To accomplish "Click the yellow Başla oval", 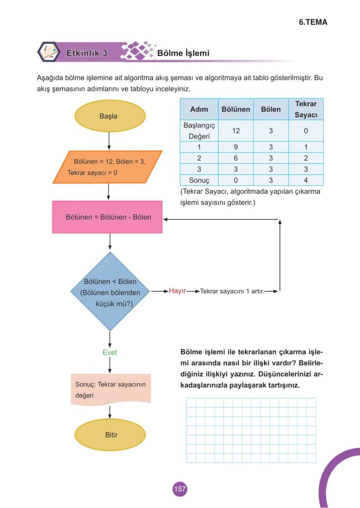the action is (110, 116).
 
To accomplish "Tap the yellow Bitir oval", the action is (110, 435).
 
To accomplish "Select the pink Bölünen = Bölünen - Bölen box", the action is (108, 217).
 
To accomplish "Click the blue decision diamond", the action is (110, 291).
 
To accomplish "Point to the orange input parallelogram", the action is (108, 167).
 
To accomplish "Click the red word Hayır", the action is (177, 291).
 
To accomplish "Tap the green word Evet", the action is (110, 353).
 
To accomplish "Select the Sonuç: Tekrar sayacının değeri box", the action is (111, 390).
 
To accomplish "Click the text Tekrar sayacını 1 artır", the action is (232, 291).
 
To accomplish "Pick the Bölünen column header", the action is (236, 109).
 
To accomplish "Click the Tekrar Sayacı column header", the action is (306, 109).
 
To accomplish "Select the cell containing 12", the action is (236, 131).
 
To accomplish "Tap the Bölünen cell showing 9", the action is (236, 147).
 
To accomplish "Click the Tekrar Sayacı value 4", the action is (306, 180).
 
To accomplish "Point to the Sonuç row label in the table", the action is (199, 180).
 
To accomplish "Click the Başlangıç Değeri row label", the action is (199, 131).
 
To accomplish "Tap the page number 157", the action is (180, 489).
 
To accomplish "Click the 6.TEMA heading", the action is (313, 23).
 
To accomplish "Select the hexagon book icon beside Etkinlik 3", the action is (49, 52).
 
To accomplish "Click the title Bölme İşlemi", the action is (183, 53).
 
